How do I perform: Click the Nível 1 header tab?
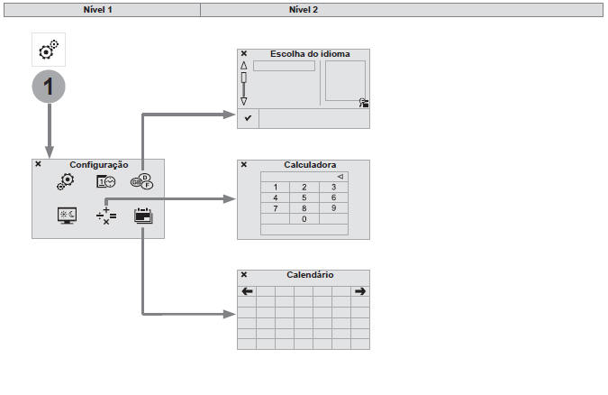[x=102, y=9]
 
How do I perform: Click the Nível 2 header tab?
[x=303, y=9]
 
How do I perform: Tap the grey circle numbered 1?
[x=49, y=88]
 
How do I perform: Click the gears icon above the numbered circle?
[x=49, y=50]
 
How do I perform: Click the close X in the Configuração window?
[x=38, y=164]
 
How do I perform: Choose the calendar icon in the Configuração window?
[x=142, y=216]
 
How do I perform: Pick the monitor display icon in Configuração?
[x=67, y=216]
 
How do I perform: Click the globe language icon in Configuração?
[x=141, y=182]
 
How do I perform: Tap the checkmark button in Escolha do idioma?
[x=248, y=118]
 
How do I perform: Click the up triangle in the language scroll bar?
[x=243, y=66]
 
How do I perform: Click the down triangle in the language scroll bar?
[x=243, y=101]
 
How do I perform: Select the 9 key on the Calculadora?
[x=333, y=208]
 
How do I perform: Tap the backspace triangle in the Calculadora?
[x=340, y=176]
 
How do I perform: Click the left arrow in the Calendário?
[x=247, y=291]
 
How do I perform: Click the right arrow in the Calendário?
[x=360, y=291]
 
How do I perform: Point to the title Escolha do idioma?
[x=310, y=54]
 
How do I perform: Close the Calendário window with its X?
[x=244, y=274]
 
